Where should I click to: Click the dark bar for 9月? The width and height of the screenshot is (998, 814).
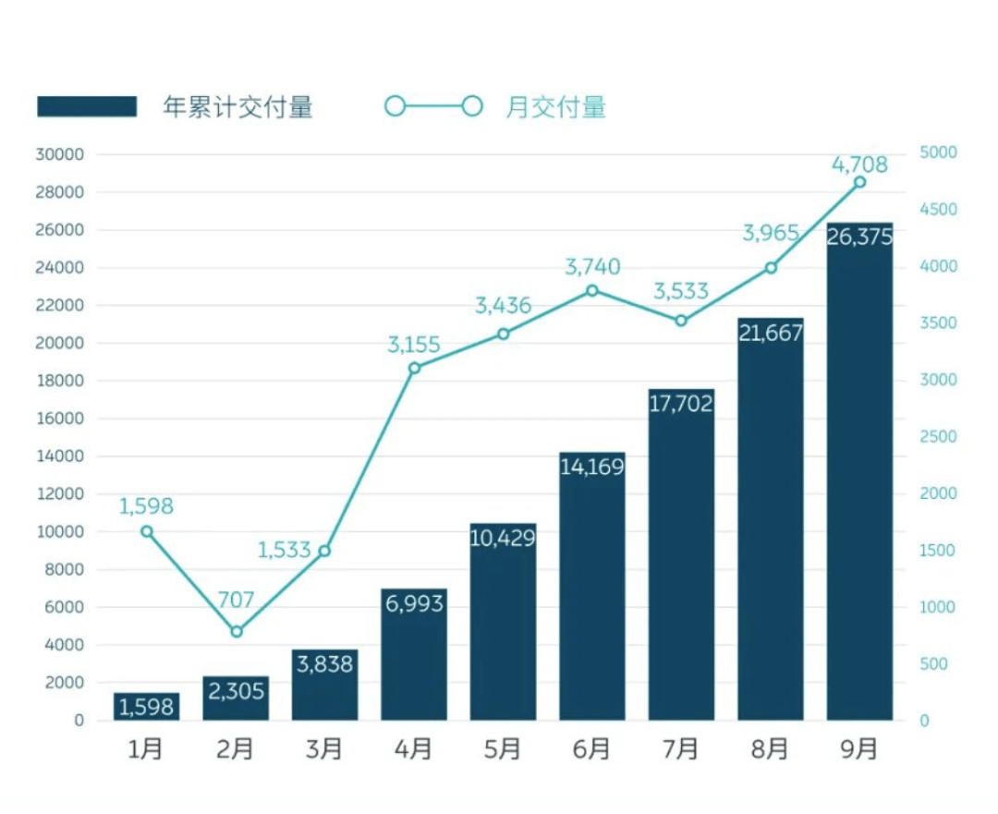click(x=859, y=480)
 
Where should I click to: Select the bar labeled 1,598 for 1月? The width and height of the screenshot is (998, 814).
click(x=146, y=707)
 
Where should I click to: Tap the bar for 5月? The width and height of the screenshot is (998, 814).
click(x=503, y=628)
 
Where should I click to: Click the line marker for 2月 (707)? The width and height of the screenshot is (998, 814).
click(x=237, y=632)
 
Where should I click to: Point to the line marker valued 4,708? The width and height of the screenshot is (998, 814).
click(x=859, y=182)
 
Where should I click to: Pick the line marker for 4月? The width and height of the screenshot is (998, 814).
click(x=414, y=368)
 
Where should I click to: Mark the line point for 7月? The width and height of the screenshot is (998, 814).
click(x=681, y=321)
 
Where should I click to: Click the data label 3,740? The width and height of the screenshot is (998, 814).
click(x=592, y=268)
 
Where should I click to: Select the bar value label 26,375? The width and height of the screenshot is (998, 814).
click(x=860, y=237)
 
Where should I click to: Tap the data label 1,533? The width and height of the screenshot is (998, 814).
click(x=285, y=551)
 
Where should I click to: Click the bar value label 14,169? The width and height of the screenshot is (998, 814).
click(x=592, y=468)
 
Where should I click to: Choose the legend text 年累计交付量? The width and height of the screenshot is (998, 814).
click(x=238, y=107)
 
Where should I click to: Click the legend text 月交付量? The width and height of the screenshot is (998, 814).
click(x=556, y=107)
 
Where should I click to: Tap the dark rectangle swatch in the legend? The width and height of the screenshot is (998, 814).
click(x=87, y=106)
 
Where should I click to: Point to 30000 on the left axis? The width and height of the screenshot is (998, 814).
click(x=59, y=154)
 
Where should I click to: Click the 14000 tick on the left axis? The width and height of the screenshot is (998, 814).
click(x=59, y=456)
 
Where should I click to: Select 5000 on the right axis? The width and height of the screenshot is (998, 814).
click(x=939, y=152)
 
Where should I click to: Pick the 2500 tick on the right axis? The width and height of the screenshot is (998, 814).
click(x=939, y=437)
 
